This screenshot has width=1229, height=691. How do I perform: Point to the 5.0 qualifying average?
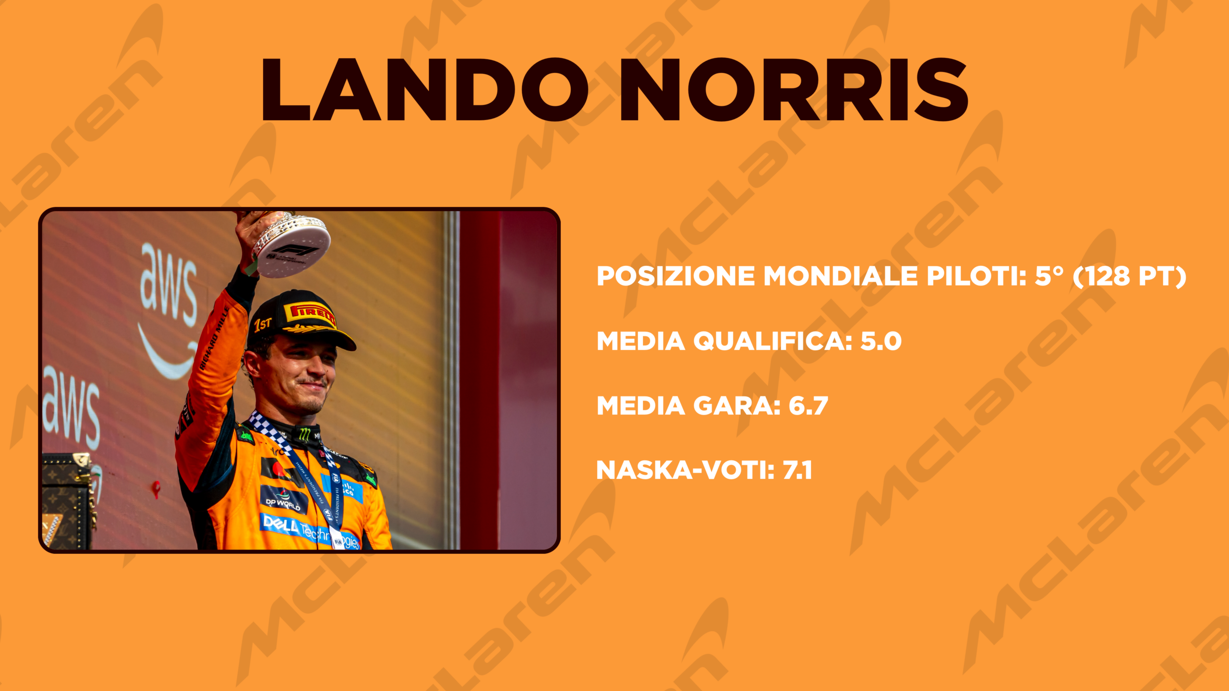tap(881, 341)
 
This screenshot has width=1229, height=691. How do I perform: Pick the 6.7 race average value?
tap(808, 406)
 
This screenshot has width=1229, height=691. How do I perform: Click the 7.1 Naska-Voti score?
tap(797, 470)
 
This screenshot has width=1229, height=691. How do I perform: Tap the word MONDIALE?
tap(840, 276)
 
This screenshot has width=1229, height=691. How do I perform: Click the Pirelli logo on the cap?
tap(310, 313)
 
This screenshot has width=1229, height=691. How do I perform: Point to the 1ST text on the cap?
tap(263, 324)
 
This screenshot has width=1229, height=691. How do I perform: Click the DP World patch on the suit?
tap(284, 500)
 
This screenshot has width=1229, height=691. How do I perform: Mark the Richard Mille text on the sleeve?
tap(214, 338)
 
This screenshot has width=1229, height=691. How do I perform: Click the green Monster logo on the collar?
tap(304, 434)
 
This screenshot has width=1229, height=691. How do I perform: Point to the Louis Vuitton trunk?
tap(67, 501)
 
